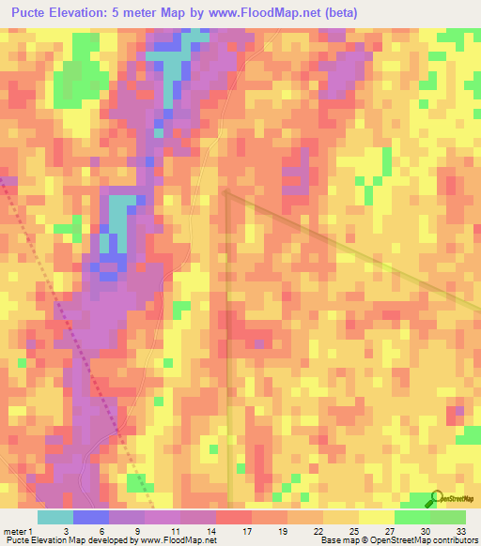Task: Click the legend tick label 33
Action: (x=462, y=530)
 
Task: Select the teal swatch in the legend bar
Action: (x=55, y=517)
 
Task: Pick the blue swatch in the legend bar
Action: (x=91, y=517)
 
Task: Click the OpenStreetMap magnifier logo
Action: (x=435, y=498)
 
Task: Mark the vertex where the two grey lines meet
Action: (x=226, y=191)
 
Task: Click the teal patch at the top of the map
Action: (x=173, y=71)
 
